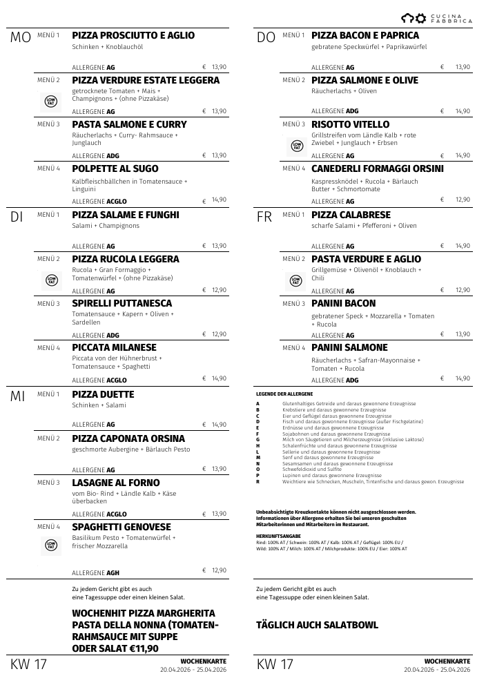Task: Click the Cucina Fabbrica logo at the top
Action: coord(437,19)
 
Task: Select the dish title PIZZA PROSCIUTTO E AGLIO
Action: coord(133,36)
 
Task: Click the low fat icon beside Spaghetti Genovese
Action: coord(50,545)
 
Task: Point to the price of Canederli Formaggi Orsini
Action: coord(463,200)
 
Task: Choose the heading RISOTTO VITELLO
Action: coord(351,124)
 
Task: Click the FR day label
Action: coord(264,217)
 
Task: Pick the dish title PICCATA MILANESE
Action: coord(114,347)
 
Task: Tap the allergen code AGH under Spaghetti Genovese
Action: coord(113,572)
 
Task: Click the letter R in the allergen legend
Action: coord(257,481)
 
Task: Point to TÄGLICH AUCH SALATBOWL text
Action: coord(317,625)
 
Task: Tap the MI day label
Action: coord(18,396)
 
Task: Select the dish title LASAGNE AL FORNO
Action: coord(116,483)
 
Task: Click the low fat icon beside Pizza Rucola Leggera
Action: coord(50,280)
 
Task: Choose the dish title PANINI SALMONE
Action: coord(349,347)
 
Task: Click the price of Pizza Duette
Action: coord(219,425)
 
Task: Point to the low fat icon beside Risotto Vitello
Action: coord(296,146)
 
